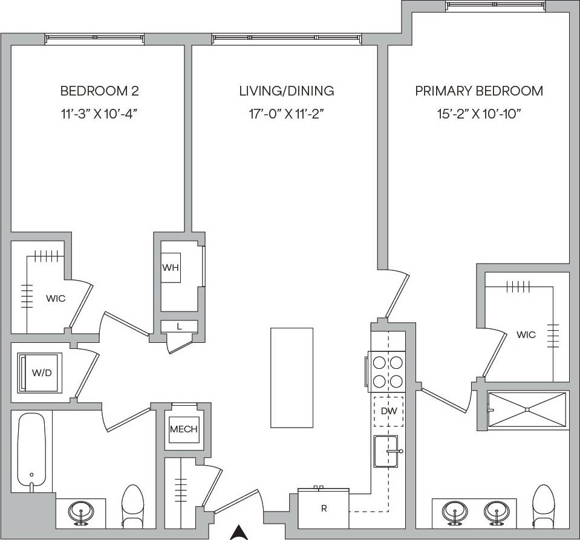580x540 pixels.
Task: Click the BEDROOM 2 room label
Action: pyautogui.click(x=99, y=91)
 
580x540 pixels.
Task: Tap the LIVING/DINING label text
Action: pyautogui.click(x=287, y=91)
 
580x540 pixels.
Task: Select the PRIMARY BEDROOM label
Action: pyautogui.click(x=478, y=91)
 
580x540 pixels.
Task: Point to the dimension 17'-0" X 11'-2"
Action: pyautogui.click(x=287, y=113)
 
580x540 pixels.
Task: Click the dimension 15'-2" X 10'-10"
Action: pyautogui.click(x=478, y=113)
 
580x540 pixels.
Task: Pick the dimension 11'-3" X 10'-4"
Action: pyautogui.click(x=99, y=113)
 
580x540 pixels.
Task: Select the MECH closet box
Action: pyautogui.click(x=183, y=429)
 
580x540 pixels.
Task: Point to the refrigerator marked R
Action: pyautogui.click(x=324, y=508)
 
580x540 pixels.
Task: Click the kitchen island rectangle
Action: pyautogui.click(x=292, y=377)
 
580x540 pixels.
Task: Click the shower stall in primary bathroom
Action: pyautogui.click(x=527, y=410)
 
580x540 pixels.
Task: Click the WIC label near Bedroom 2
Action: pyautogui.click(x=56, y=298)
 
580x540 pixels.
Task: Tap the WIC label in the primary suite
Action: pyautogui.click(x=526, y=334)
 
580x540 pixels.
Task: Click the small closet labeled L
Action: pyautogui.click(x=179, y=327)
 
